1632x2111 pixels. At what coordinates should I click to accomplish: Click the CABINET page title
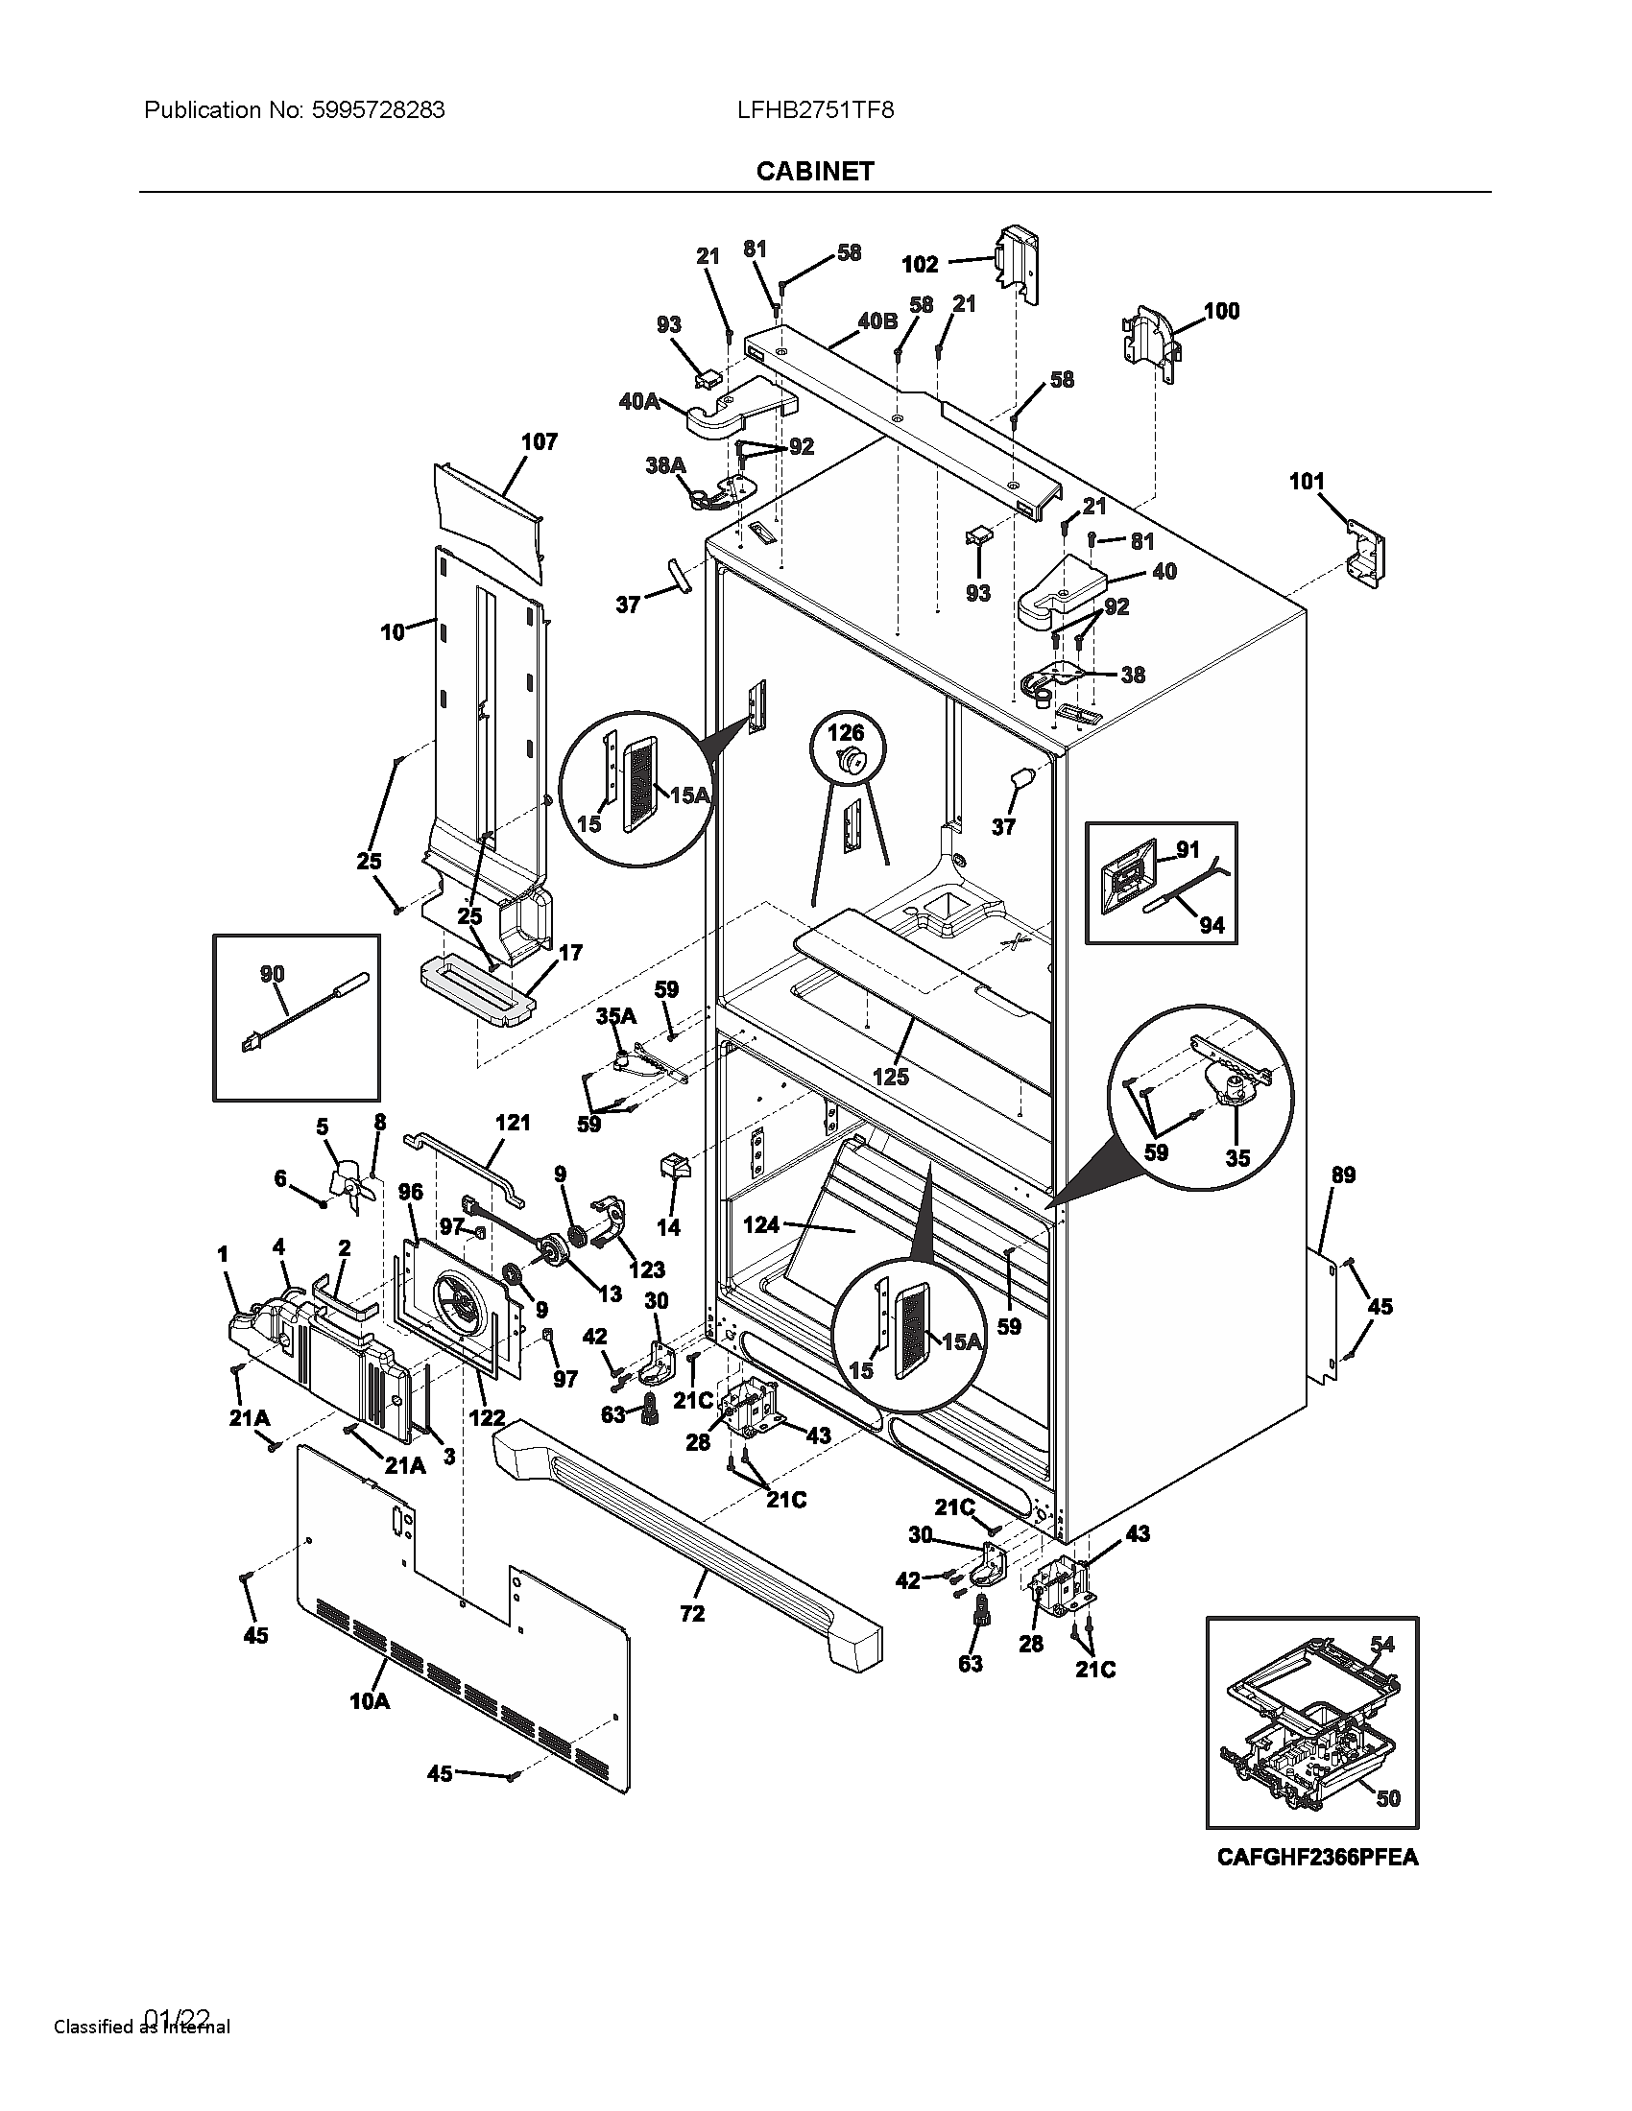tap(815, 171)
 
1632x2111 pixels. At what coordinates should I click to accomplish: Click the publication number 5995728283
tap(379, 110)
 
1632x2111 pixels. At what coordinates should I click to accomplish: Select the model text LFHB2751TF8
tap(815, 110)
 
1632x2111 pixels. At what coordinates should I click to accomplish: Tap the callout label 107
tap(540, 442)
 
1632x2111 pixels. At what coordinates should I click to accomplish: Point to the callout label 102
tap(920, 264)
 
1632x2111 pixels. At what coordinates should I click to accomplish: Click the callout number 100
tap(1221, 311)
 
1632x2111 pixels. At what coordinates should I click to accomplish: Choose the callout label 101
tap(1307, 482)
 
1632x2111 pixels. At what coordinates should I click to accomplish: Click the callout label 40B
tap(876, 320)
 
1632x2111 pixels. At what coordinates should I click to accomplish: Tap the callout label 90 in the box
tap(273, 973)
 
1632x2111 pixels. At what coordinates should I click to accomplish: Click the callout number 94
tap(1212, 925)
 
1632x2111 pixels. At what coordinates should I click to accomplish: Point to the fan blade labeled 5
tap(345, 1184)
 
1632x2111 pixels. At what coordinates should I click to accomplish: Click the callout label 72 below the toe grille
tap(692, 1613)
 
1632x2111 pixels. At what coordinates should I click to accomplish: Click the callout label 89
tap(1343, 1175)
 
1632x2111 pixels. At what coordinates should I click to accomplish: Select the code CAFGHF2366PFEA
tap(1317, 1857)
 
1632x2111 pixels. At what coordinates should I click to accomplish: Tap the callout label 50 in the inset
tap(1387, 1799)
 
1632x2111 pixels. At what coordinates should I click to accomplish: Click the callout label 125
tap(891, 1077)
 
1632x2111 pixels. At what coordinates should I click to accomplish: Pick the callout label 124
tap(761, 1225)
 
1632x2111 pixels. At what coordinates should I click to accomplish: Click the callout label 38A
tap(665, 466)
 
